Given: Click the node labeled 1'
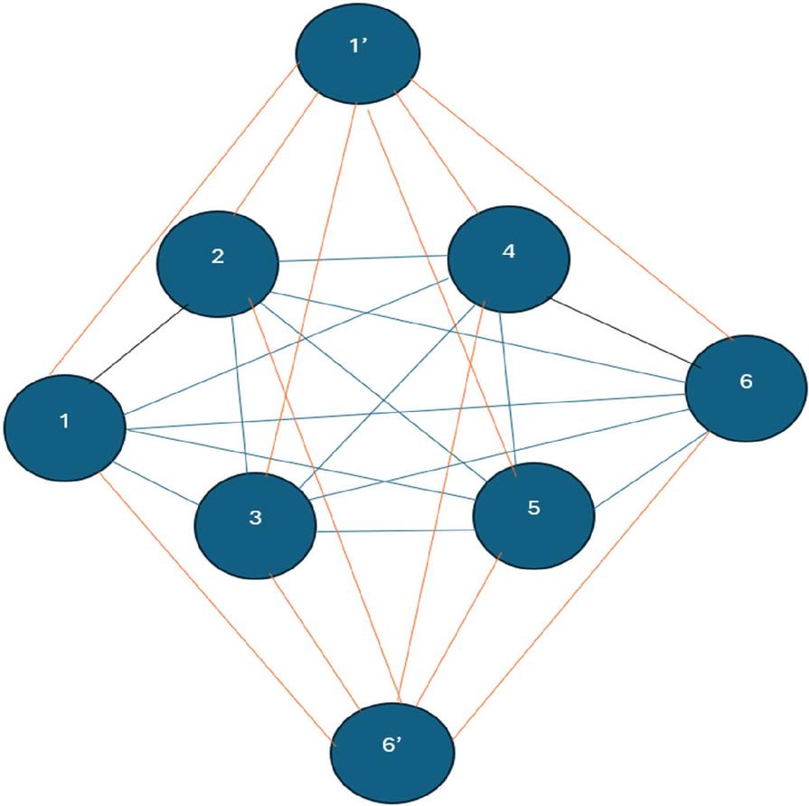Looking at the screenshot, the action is click(x=358, y=52).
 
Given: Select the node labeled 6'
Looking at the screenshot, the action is click(x=392, y=752).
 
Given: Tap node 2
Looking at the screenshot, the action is click(x=218, y=264).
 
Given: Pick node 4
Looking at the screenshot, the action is click(x=509, y=258).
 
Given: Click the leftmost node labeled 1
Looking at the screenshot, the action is click(x=65, y=427).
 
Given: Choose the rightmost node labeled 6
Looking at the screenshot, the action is click(x=746, y=389).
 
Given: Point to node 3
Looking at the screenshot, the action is click(x=256, y=526).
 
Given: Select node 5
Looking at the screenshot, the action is click(x=533, y=516).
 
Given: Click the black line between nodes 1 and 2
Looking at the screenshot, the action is click(x=138, y=344).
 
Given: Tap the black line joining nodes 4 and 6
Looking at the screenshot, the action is click(x=625, y=333).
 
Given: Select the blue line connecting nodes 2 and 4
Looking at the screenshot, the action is click(x=363, y=258).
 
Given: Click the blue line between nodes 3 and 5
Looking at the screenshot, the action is click(x=395, y=530).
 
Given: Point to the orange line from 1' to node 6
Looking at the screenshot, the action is click(x=572, y=210).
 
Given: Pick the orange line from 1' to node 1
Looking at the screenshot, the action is click(x=174, y=219).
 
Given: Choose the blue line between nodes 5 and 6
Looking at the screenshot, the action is click(x=651, y=471).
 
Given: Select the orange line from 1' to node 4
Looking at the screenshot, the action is click(x=437, y=152).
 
